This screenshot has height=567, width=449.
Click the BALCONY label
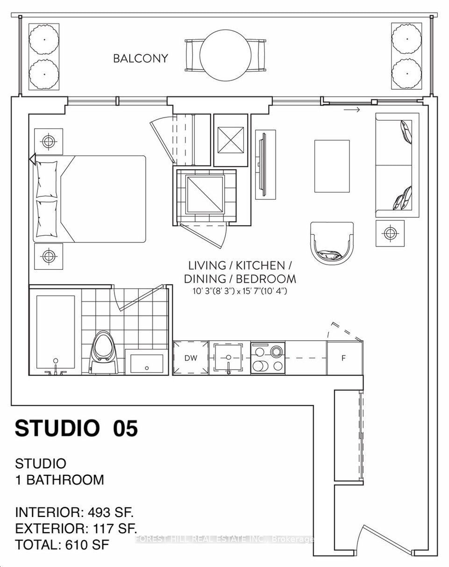tap(140, 58)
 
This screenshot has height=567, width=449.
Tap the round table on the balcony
tap(225, 55)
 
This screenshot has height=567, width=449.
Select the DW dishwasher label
tap(191, 358)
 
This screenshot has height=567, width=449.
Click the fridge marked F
tap(344, 358)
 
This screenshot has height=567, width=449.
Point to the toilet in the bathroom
tap(103, 352)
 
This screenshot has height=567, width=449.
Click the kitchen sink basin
tap(228, 358)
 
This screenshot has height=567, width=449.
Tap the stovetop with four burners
tap(268, 358)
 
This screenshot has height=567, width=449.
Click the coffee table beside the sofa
tap(332, 166)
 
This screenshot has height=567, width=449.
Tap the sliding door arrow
tap(352, 110)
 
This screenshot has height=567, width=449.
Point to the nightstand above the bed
tap(49, 142)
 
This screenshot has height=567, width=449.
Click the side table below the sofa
tap(390, 233)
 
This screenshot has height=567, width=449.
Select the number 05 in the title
tap(125, 429)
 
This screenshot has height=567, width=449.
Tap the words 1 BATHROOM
tap(60, 480)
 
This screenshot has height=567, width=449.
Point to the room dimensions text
tap(240, 291)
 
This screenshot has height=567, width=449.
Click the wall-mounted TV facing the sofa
tap(263, 165)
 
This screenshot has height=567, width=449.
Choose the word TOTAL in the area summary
tap(37, 545)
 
